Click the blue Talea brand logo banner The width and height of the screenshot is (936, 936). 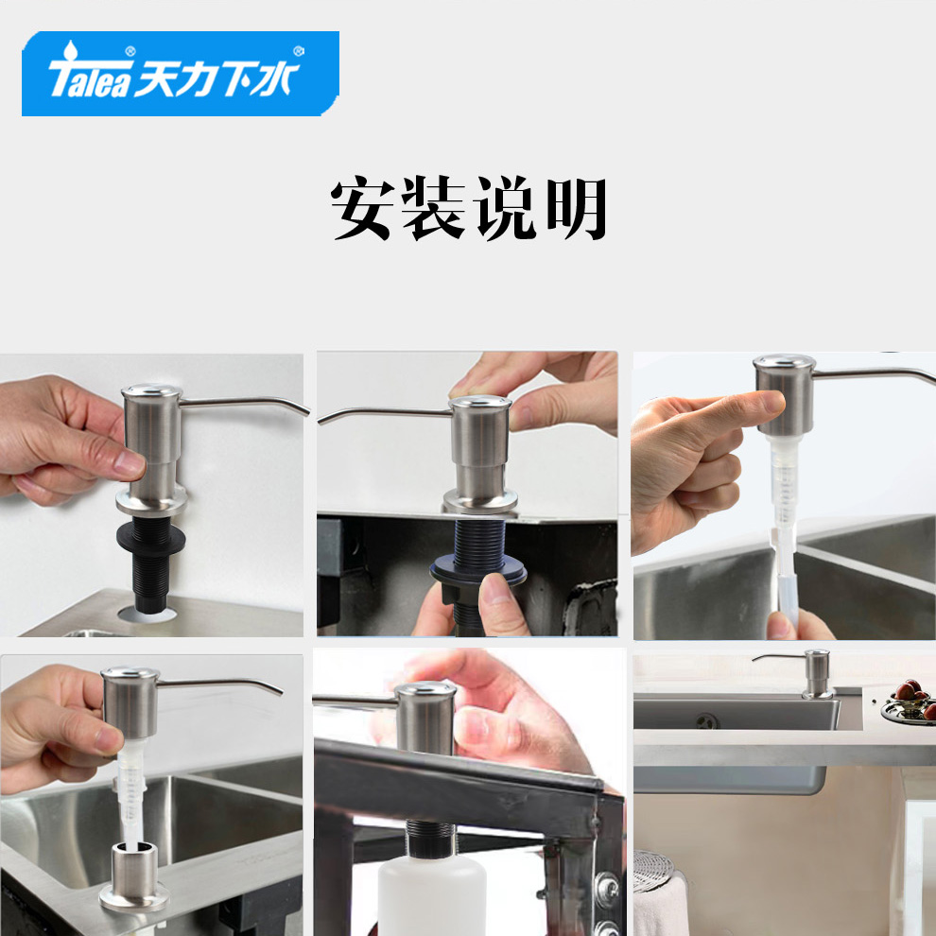point(181,74)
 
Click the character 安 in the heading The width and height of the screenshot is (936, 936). point(362,208)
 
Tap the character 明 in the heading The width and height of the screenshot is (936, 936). point(576,208)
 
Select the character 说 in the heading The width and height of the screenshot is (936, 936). point(505,208)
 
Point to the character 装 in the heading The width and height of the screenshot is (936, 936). point(433,208)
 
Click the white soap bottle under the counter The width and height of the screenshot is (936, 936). point(431,895)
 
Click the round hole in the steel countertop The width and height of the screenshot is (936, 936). point(147,614)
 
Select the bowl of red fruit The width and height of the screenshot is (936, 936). point(910,702)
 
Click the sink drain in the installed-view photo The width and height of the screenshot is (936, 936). point(707,721)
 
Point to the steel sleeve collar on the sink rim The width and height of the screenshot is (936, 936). point(134,876)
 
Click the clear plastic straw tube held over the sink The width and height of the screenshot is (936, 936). point(787,576)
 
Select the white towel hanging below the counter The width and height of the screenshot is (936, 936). point(660,905)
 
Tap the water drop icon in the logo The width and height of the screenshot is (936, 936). point(71,50)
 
